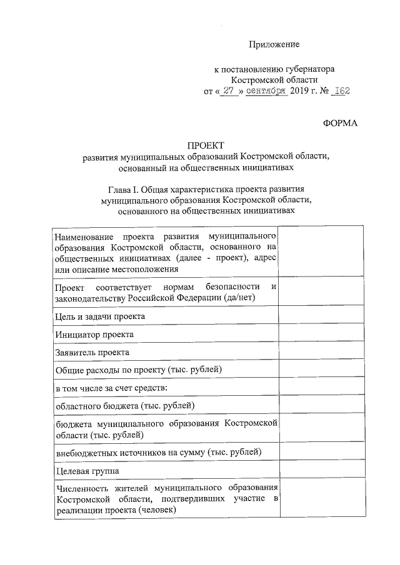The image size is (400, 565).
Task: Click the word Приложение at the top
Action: point(274,44)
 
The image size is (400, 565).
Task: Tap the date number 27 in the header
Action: point(232,91)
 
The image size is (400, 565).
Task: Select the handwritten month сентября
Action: point(266,91)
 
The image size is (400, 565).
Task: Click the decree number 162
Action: point(342,91)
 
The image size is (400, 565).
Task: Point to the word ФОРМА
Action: point(340,123)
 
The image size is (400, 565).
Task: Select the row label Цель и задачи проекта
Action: point(99,317)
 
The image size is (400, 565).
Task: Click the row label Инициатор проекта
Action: point(94,335)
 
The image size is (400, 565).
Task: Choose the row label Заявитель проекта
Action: point(92,352)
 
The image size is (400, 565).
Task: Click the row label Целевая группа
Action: point(87,469)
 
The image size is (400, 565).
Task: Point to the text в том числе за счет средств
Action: point(112,388)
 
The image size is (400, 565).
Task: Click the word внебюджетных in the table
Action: point(82,451)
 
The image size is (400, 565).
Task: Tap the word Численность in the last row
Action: point(81,488)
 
